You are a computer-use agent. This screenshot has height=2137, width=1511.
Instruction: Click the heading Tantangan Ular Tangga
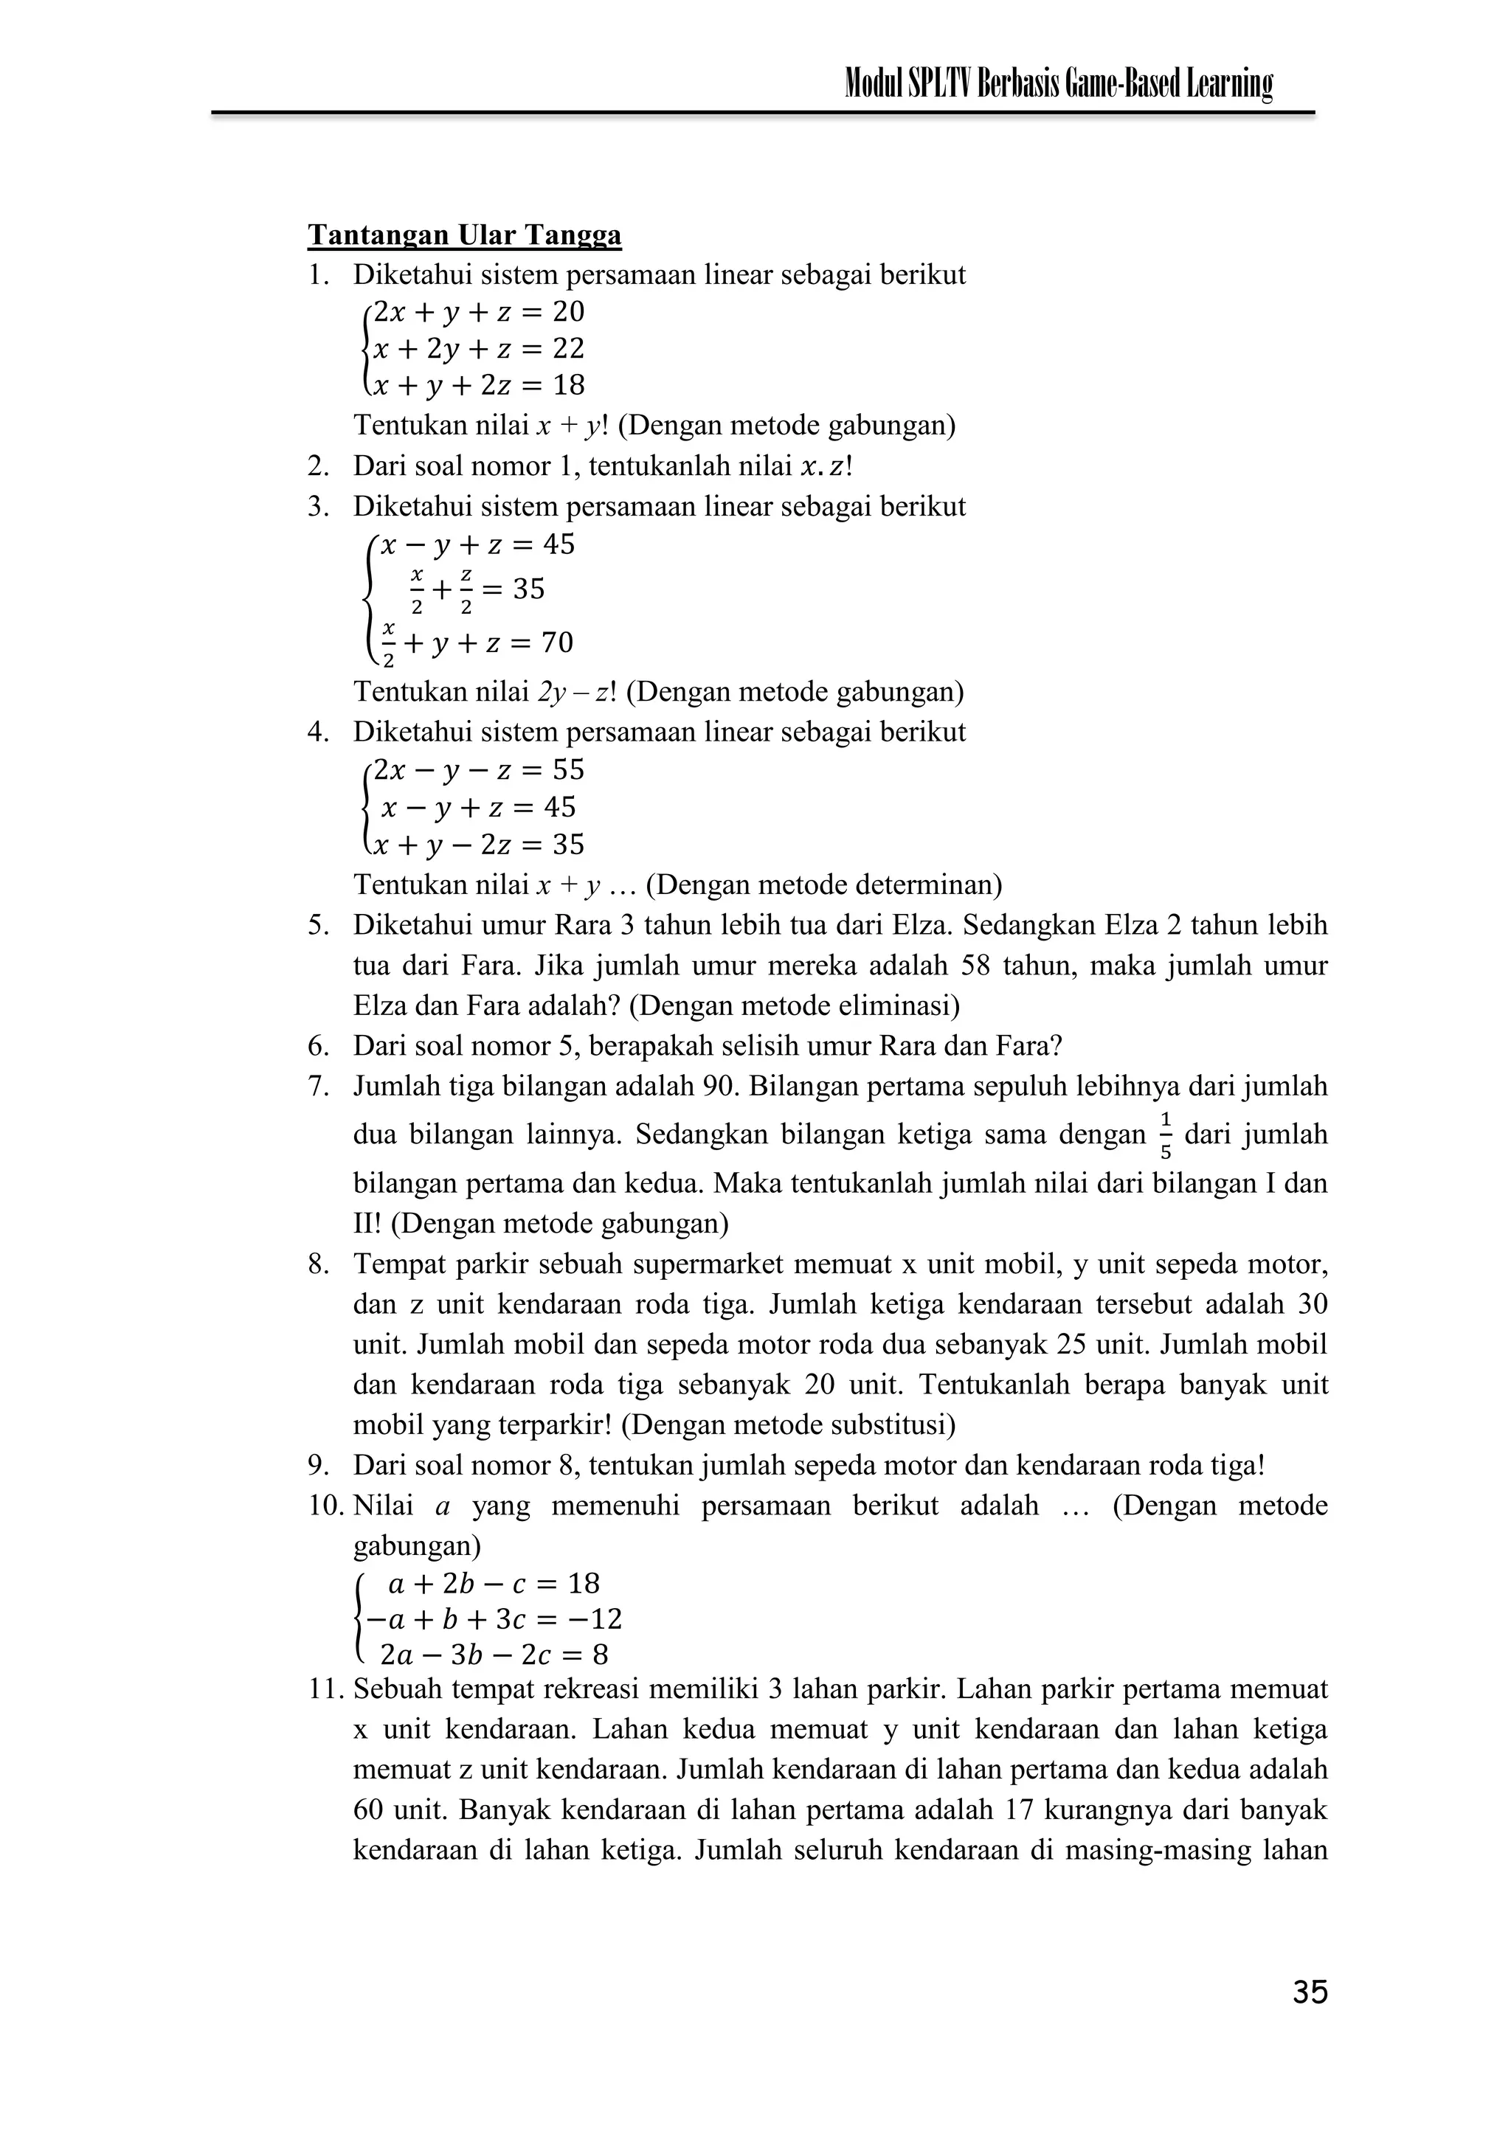click(x=463, y=235)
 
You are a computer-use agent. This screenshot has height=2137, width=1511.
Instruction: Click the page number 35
click(x=1309, y=1992)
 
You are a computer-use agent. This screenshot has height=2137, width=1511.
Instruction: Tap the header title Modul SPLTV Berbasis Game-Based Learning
click(x=1057, y=85)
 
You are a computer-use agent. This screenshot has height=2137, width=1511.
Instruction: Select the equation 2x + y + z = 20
click(x=477, y=312)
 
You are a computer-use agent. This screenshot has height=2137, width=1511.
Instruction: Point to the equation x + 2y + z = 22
click(x=477, y=349)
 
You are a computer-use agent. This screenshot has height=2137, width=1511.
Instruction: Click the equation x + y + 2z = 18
click(x=477, y=385)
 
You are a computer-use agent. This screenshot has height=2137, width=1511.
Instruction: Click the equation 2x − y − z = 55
click(x=477, y=769)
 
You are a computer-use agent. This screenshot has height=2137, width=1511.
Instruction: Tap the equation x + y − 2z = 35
click(x=477, y=845)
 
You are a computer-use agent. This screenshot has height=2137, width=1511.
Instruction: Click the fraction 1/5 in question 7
click(x=1166, y=1135)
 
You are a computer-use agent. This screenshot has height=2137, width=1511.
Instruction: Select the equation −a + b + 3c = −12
click(x=494, y=1619)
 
